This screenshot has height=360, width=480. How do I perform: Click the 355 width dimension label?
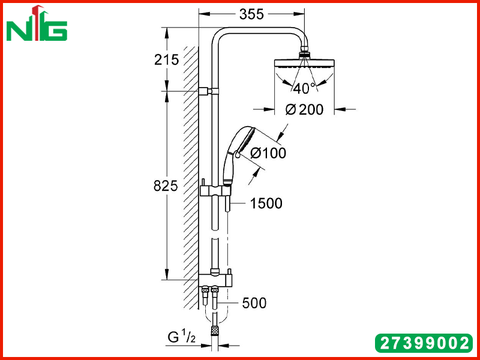251,14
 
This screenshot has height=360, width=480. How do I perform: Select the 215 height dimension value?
166,59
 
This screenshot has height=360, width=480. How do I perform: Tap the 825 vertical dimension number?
166,186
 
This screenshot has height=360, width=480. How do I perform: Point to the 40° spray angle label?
304,88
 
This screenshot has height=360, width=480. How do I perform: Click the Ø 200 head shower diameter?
304,110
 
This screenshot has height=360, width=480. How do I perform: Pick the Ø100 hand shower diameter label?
268,153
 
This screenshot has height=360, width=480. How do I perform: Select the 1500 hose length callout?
266,203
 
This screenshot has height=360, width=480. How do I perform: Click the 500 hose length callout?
254,303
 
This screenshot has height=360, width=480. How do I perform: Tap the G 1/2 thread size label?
182,337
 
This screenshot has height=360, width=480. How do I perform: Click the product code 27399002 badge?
424,343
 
